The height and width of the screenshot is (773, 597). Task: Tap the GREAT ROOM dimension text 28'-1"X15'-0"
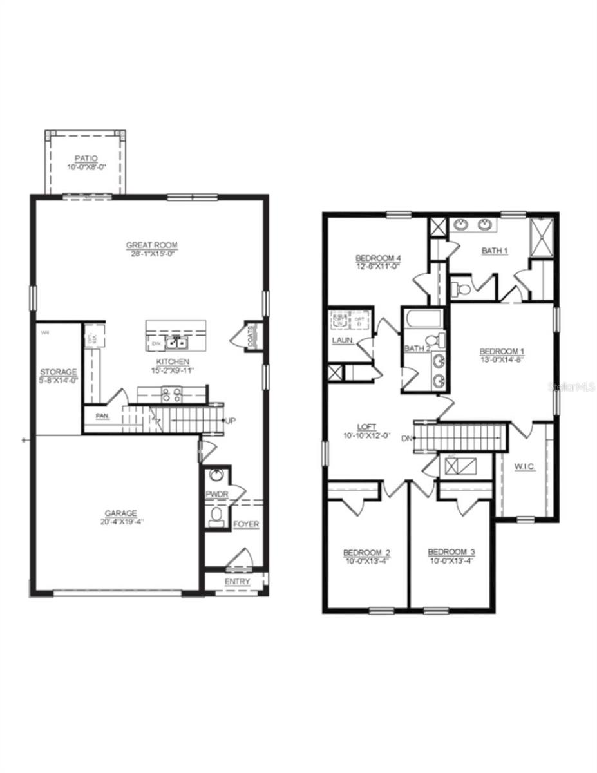(151, 254)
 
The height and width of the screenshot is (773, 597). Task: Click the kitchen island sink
(175, 343)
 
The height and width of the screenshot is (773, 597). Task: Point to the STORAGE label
(59, 372)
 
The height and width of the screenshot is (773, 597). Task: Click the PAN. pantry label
(102, 416)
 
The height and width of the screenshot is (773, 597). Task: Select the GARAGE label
(121, 513)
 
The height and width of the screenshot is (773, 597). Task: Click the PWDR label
(214, 495)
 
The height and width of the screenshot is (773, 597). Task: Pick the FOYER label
(246, 524)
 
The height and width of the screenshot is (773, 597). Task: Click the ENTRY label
(236, 582)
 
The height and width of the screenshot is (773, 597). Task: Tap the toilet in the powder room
(217, 515)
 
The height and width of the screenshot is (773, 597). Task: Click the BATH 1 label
(495, 251)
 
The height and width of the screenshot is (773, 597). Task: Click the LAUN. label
(343, 339)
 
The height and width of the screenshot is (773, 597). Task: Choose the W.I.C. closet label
(525, 466)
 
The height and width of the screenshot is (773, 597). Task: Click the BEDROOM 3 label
(451, 552)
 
